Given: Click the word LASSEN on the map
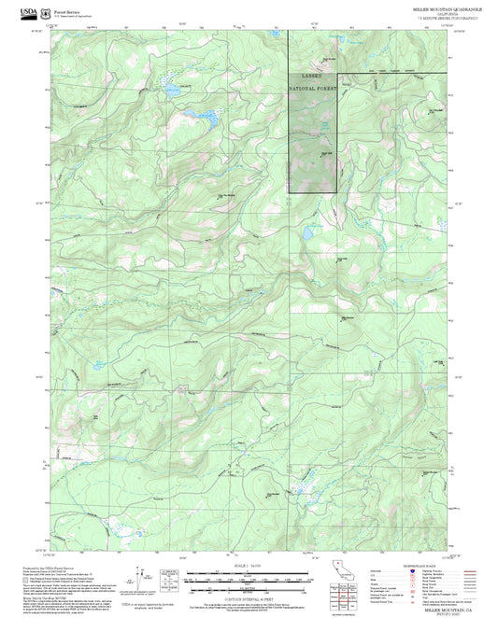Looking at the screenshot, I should pyautogui.click(x=312, y=73).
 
